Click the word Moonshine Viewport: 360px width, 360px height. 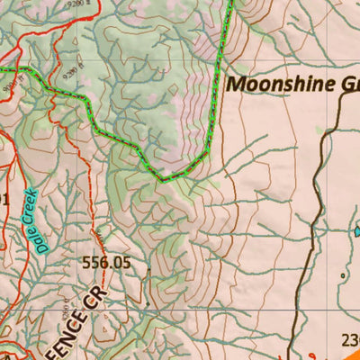(282, 85)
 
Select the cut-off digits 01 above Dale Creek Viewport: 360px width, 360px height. (4, 199)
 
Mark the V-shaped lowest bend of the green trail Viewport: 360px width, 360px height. (163, 180)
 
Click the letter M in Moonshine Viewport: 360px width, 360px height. (237, 85)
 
